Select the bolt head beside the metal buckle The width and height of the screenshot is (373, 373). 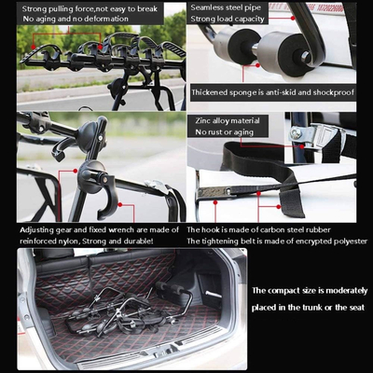click(x=296, y=133)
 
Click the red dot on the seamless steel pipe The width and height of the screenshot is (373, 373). click(x=293, y=18)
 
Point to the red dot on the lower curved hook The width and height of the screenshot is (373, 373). click(x=120, y=204)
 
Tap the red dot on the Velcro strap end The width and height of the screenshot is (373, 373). click(x=279, y=207)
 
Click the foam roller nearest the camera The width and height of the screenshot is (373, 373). click(x=285, y=53)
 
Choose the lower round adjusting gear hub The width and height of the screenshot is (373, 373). click(x=92, y=177)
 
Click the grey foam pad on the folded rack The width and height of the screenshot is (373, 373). click(x=170, y=289)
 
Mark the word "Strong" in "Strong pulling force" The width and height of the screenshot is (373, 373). click(x=35, y=8)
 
